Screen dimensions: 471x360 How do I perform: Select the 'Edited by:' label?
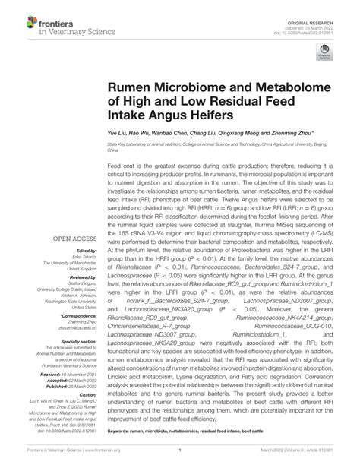tap(87, 229)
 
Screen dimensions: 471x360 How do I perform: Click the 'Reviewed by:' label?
tap(84, 257)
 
